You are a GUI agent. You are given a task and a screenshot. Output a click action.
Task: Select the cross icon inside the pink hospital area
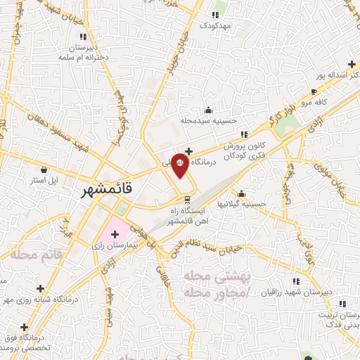coord(115,233)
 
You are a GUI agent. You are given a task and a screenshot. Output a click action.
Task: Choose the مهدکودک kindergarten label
coord(214,25)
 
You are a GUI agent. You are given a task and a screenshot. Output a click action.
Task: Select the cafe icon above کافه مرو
coord(314,91)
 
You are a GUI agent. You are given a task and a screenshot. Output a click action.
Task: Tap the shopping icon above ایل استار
coord(44,170)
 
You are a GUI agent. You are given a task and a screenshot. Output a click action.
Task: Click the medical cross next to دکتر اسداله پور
coord(352,64)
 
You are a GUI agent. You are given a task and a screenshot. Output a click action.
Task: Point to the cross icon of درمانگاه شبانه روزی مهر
coord(41,288)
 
